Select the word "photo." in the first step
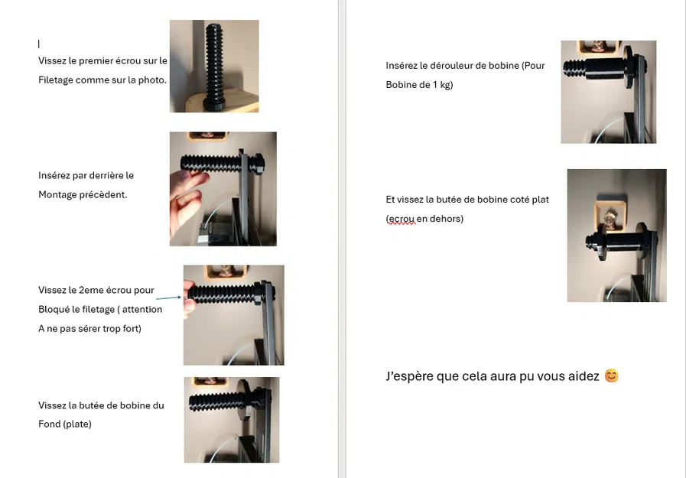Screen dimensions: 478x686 151,80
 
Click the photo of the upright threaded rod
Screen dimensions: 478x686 213,67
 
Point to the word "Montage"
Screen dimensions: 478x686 58,195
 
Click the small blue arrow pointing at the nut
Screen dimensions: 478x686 169,298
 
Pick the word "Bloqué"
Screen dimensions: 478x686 56,310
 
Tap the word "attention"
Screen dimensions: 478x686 143,310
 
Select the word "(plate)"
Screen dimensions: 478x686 77,424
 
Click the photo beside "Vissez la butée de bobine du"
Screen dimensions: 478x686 231,420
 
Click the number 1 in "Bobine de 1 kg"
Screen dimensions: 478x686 436,85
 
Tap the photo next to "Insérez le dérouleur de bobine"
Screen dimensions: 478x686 608,92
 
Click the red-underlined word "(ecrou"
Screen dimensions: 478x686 401,219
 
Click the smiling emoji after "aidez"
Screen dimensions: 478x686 611,376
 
